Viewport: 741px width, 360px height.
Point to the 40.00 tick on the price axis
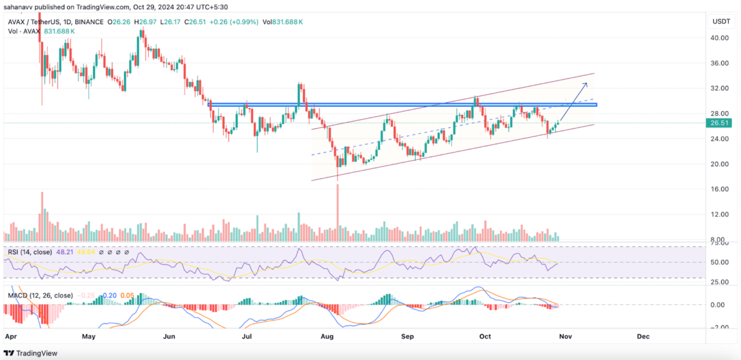tap(718, 38)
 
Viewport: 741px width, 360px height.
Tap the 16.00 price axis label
tap(718, 190)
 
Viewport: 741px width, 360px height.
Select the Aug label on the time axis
tap(327, 337)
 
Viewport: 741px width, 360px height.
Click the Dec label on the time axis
tap(643, 337)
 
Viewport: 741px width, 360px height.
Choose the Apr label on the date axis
tap(10, 337)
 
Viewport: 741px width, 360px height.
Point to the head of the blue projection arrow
tap(587, 83)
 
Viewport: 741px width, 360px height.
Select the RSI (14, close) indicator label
tap(29, 252)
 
